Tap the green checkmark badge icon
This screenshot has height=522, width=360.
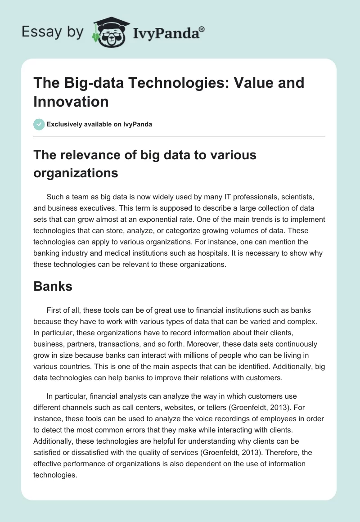(39, 124)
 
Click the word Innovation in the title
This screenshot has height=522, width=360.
(71, 101)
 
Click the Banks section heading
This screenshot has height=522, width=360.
(53, 286)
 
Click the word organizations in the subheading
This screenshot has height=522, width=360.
(76, 173)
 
